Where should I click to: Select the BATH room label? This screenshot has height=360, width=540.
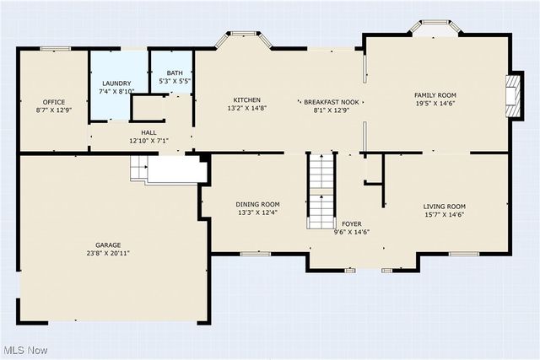[x=174, y=73]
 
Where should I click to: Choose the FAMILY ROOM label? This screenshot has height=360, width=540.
[x=435, y=95]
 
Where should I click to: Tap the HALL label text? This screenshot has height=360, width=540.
[x=148, y=132]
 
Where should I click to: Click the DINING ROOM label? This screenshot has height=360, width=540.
[x=257, y=204]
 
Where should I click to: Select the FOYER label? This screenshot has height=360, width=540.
[x=351, y=224]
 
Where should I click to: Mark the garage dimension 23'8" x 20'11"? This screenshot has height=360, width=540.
[x=107, y=253]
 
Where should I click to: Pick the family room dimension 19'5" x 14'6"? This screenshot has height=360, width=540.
[x=435, y=104]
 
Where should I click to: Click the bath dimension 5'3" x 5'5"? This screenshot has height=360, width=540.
[x=174, y=81]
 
